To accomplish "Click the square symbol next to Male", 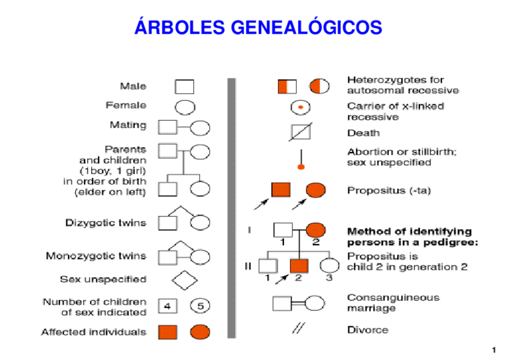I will coord(185,87).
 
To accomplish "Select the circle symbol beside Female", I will coord(185,107).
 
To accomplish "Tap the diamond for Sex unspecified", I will coord(185,280).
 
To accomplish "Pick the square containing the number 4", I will coord(167,305).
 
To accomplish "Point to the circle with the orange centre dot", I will coord(300,108).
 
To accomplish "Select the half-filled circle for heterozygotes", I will coord(318,86).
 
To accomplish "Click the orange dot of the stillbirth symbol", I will coord(300,167).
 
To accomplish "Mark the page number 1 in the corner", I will coord(494,350).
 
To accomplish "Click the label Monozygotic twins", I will coord(96,256).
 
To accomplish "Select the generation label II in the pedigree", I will coord(248,266).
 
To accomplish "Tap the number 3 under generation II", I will coord(329,278).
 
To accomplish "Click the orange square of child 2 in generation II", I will coord(299,266).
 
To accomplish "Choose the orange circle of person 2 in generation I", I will coord(315,231).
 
